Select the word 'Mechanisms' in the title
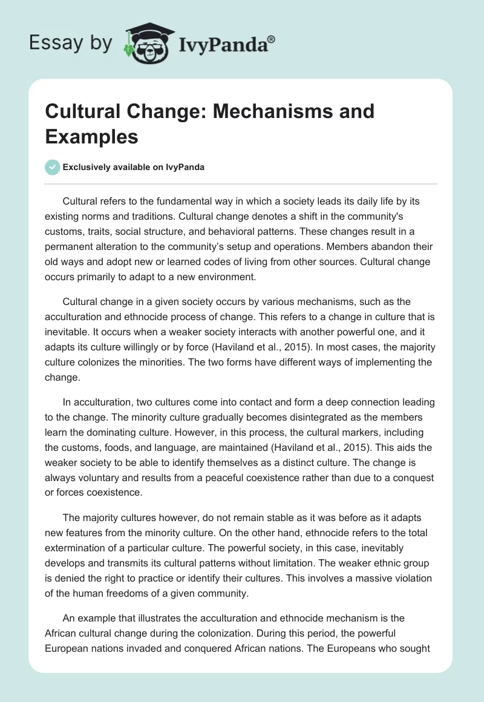tap(243, 111)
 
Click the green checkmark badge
tap(52, 167)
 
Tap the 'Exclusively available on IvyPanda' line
tap(133, 167)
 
